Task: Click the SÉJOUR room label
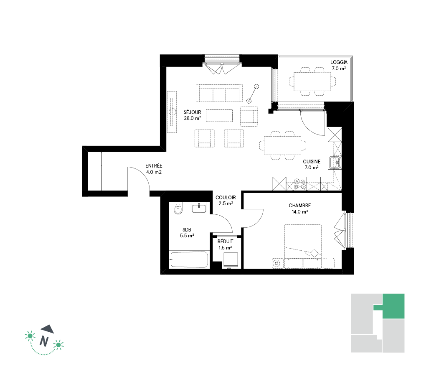click(193, 112)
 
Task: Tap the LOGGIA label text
click(339, 62)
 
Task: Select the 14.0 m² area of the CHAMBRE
click(300, 212)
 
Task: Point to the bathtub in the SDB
click(189, 259)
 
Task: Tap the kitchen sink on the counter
click(335, 163)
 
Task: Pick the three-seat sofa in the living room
click(219, 93)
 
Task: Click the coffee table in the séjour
click(219, 116)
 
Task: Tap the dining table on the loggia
click(312, 81)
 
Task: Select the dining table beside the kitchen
click(283, 146)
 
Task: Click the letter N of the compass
click(44, 341)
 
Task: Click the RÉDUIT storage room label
click(225, 242)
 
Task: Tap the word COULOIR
click(226, 197)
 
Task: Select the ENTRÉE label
click(154, 165)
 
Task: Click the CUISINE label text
click(312, 161)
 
